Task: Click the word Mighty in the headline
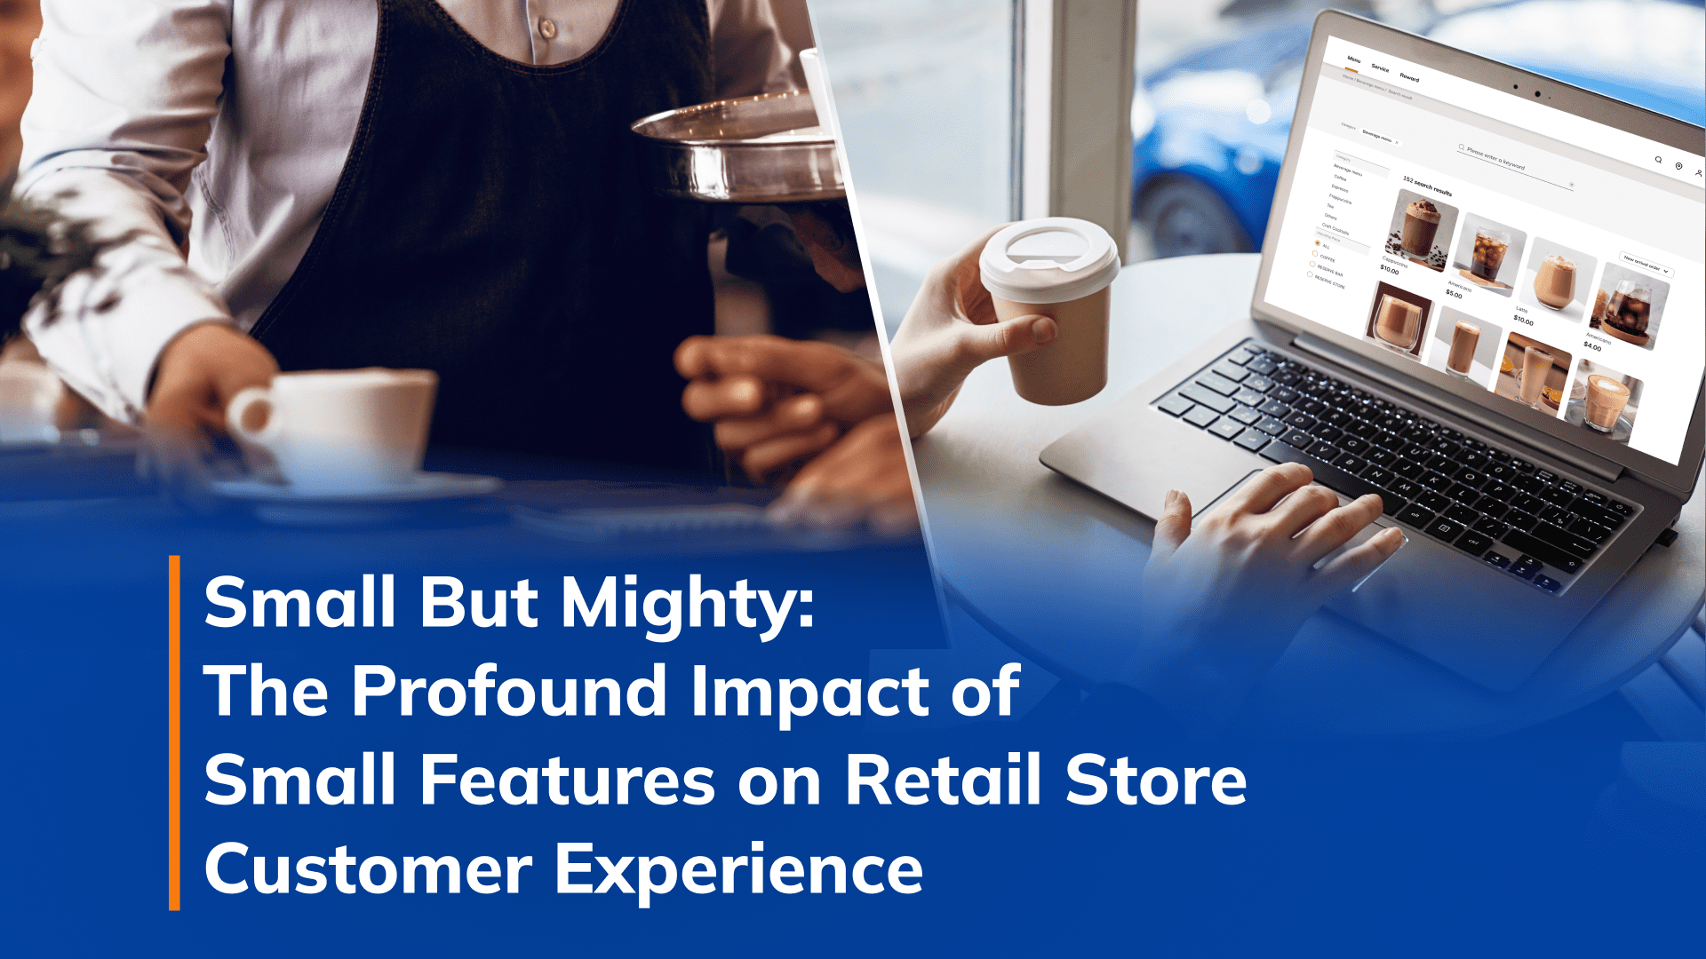(687, 604)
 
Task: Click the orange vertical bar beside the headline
(174, 733)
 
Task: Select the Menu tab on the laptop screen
(1353, 59)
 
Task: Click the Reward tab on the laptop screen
(1410, 77)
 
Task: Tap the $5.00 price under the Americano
(1454, 294)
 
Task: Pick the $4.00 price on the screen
(1592, 347)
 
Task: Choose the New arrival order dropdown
(1646, 266)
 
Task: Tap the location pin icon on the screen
(1678, 166)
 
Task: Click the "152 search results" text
(1427, 186)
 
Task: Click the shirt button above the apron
(547, 28)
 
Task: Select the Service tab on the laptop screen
(1380, 67)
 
